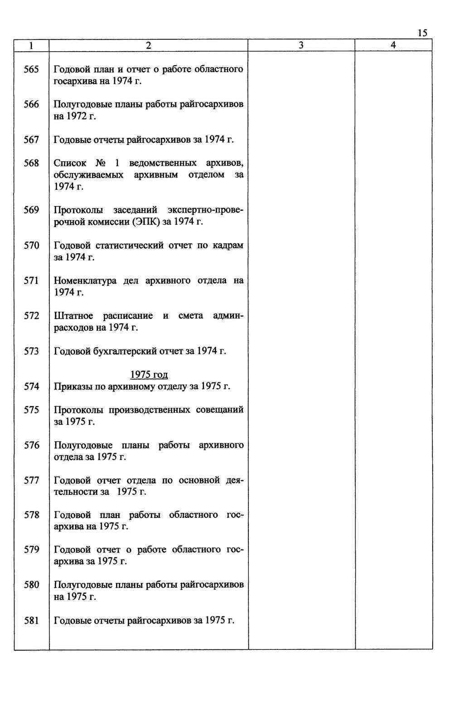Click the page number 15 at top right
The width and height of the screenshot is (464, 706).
[422, 33]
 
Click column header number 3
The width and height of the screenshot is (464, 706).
[301, 45]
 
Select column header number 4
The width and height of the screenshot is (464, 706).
[393, 45]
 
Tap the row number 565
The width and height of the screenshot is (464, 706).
[31, 69]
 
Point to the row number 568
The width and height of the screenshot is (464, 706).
[31, 163]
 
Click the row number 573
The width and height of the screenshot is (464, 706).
[31, 351]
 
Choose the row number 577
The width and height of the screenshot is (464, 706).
[31, 480]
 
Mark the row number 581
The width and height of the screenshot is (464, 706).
[31, 620]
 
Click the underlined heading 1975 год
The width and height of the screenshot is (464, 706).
[149, 375]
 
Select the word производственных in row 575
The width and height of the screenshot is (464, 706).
[149, 410]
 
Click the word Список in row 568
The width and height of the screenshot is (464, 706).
[70, 163]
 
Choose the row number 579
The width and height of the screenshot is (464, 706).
[31, 550]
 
